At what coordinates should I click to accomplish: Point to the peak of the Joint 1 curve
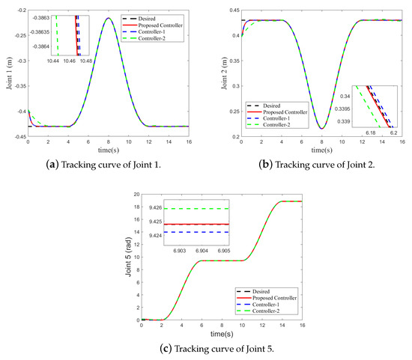point(109,18)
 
